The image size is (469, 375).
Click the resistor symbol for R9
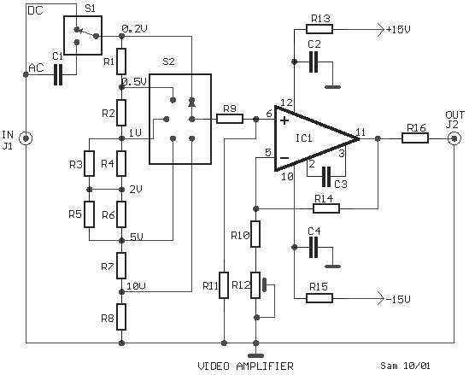point(230,119)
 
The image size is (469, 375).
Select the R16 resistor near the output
point(415,138)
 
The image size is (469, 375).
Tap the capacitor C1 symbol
point(58,74)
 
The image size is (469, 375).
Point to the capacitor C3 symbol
point(326,177)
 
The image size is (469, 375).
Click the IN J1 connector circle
point(26,138)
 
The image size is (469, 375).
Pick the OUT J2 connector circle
point(454,138)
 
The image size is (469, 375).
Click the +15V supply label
point(398,30)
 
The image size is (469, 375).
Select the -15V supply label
point(398,299)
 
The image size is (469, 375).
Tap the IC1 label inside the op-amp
point(303,138)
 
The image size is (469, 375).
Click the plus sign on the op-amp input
point(284,120)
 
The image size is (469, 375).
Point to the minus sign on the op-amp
point(284,158)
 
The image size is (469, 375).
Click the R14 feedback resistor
point(326,208)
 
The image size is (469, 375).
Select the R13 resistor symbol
point(320,29)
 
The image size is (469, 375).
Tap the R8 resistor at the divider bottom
point(121,317)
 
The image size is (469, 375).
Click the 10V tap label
point(136,286)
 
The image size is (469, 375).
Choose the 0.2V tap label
point(135,29)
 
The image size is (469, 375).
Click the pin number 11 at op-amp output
point(361,132)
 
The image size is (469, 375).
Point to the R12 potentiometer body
point(255,285)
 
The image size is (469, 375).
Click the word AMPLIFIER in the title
point(265,366)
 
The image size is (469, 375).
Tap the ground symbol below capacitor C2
point(332,87)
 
